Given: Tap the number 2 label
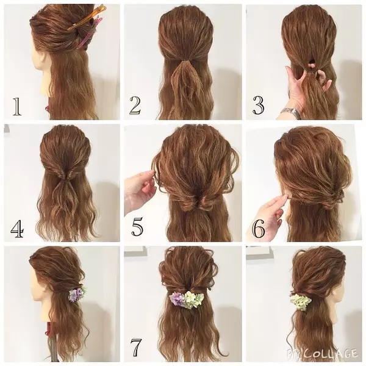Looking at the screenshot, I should [x=135, y=106].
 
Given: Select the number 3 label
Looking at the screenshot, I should [x=258, y=106].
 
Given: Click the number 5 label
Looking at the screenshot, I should [x=137, y=228].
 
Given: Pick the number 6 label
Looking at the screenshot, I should [x=259, y=228].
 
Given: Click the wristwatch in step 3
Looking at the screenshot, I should [x=292, y=113].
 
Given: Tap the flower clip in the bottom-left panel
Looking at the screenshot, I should [x=76, y=295].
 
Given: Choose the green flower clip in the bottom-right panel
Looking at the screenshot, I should [x=300, y=301].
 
